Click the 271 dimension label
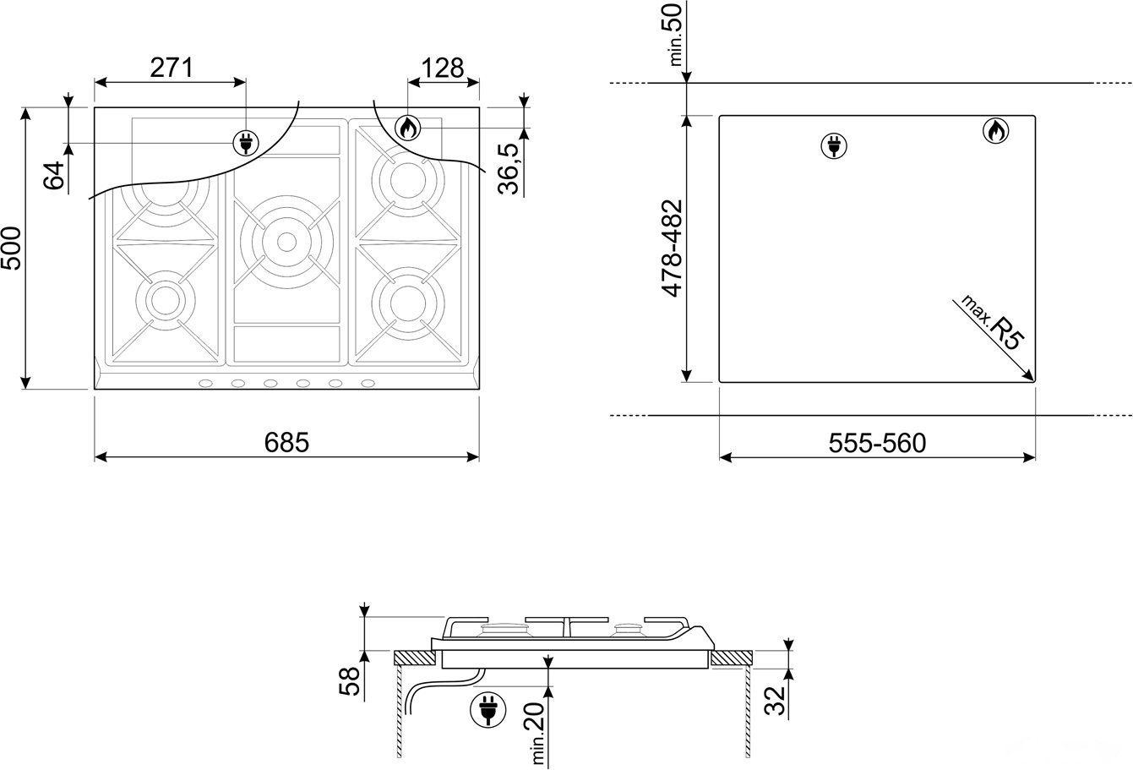(172, 68)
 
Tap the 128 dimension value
(442, 68)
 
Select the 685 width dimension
(286, 442)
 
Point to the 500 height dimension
(11, 248)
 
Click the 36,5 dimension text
(509, 169)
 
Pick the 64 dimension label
(54, 176)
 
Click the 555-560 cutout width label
(877, 443)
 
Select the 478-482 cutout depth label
(673, 248)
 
